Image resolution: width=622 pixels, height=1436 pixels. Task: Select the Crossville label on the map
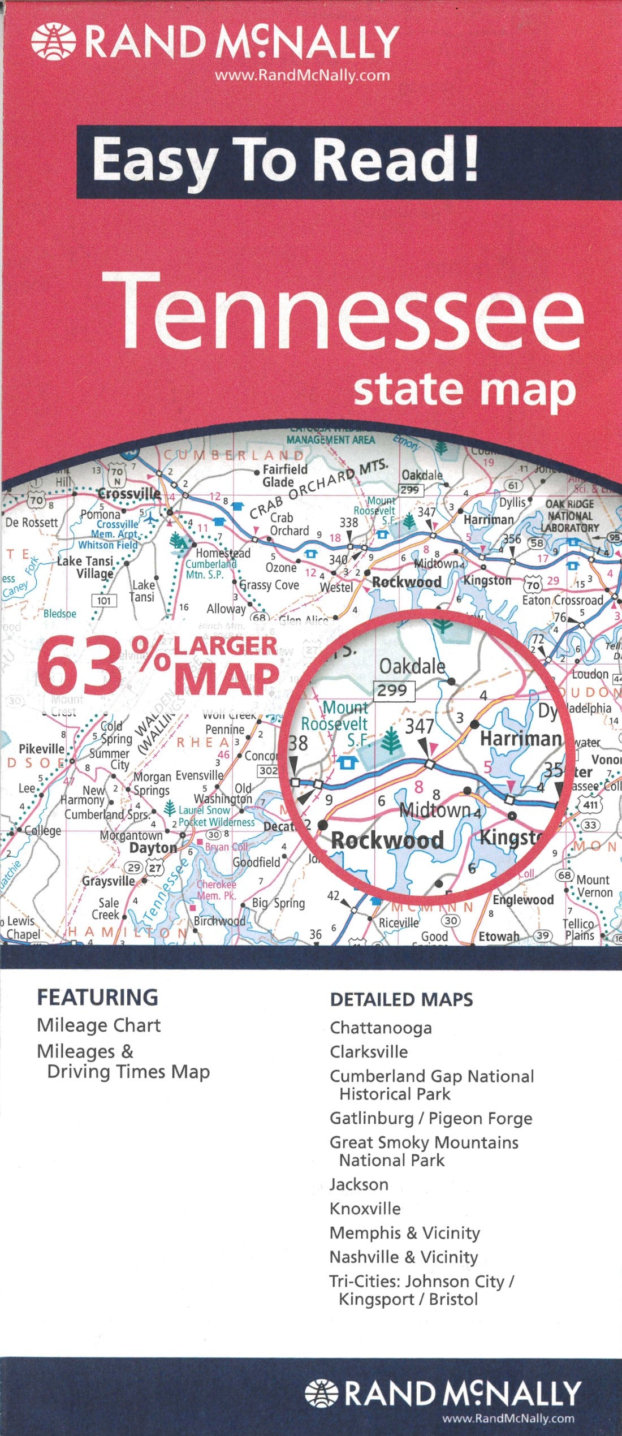coord(129,493)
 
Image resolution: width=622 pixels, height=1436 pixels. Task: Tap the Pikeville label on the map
coord(41,749)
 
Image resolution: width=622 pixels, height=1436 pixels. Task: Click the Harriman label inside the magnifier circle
coord(520,739)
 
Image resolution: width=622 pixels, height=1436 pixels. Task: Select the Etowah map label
coord(499,937)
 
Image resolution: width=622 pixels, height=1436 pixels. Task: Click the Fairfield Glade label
coord(285,476)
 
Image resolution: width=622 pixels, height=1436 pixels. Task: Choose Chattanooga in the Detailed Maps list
coord(381,1028)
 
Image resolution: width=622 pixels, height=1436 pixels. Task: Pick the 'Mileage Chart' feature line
coord(98,1025)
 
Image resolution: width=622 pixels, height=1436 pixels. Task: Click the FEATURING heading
coord(97,997)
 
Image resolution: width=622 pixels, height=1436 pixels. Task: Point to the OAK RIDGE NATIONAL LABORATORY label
coord(569,515)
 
